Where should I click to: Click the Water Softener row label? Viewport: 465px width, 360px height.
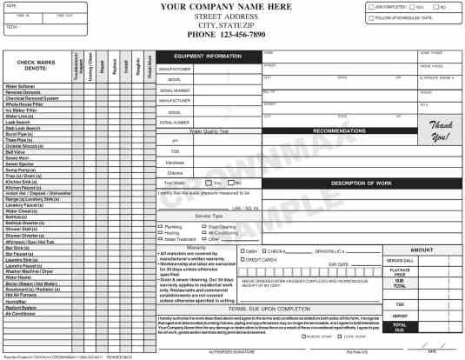[21, 86]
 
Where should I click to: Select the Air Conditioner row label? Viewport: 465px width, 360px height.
[23, 313]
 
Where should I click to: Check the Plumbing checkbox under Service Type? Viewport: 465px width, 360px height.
[162, 226]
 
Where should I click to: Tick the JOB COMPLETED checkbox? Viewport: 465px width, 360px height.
[371, 7]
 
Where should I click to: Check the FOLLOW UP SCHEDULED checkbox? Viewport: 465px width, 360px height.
[371, 17]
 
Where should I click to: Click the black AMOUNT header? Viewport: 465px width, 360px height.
[421, 250]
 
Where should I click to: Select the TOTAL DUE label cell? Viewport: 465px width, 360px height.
[400, 326]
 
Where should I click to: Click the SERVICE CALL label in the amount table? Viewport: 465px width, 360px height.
[400, 260]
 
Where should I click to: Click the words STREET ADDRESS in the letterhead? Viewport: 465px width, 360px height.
[225, 16]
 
